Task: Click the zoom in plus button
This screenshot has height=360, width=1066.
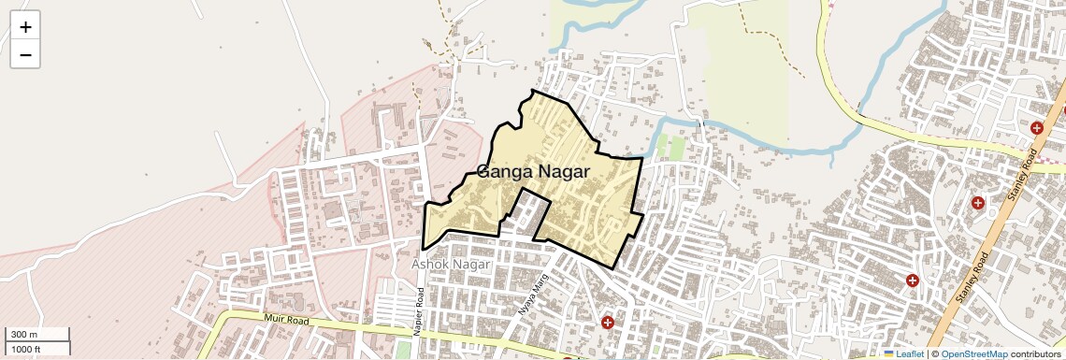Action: point(25,27)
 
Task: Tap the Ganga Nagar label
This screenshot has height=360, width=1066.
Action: point(533,171)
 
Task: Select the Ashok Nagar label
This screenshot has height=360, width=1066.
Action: point(452,265)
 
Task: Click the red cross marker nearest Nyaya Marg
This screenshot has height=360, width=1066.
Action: point(608,323)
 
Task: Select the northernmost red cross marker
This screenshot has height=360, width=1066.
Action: point(1036,128)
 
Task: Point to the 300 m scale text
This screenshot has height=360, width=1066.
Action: point(24,335)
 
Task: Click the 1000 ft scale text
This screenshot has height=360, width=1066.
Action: point(26,349)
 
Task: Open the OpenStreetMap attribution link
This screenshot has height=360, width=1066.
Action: point(973,354)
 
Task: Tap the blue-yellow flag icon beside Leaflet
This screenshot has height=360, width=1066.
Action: point(888,354)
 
